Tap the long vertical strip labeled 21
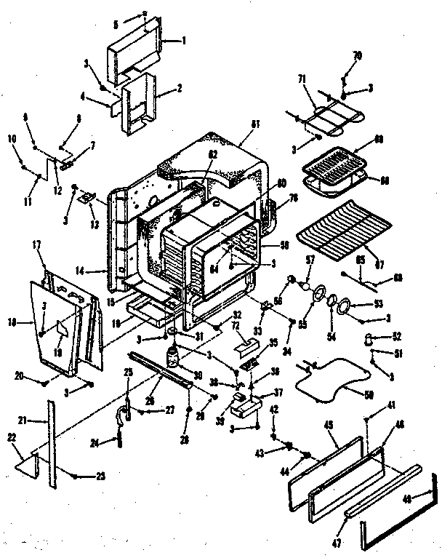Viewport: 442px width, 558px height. (x=50, y=444)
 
